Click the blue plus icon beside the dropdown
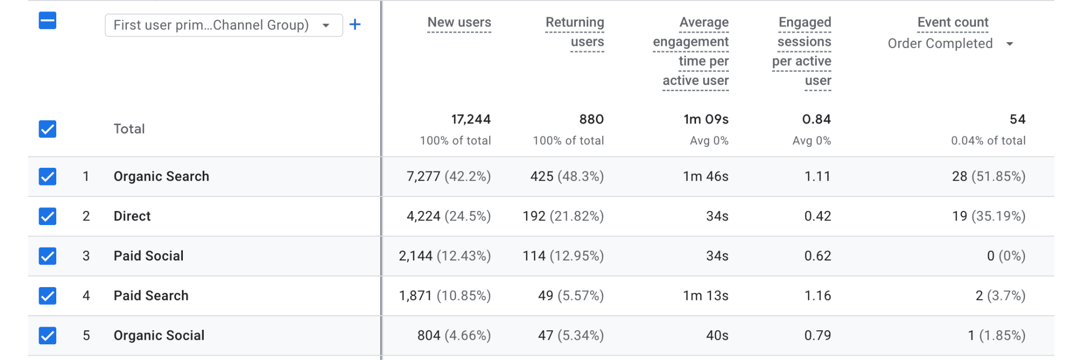click(x=355, y=24)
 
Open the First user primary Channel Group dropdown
click(x=224, y=25)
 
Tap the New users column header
click(x=459, y=22)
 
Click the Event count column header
click(x=952, y=22)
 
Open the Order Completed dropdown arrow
click(x=1010, y=44)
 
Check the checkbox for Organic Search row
click(x=47, y=177)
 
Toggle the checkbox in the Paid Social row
click(x=47, y=256)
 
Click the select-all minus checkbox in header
click(x=47, y=21)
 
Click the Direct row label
click(x=132, y=216)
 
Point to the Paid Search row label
click(x=151, y=295)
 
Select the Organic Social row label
click(x=159, y=336)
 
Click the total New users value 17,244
click(x=470, y=119)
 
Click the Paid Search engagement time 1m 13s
click(x=705, y=295)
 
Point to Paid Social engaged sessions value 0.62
click(x=817, y=256)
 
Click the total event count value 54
click(x=1017, y=119)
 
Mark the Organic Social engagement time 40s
click(x=717, y=336)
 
